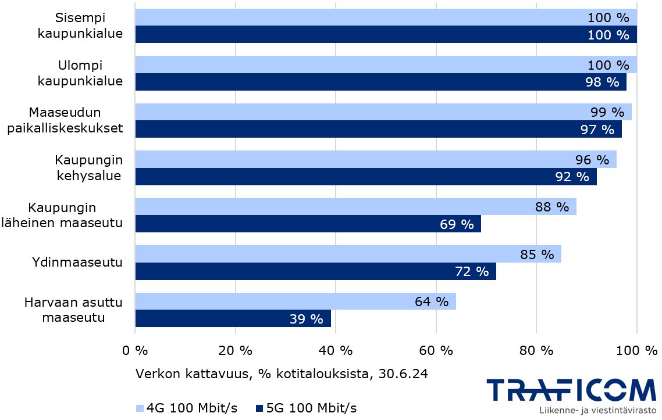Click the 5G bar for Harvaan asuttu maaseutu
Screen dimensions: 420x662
pyautogui.click(x=233, y=318)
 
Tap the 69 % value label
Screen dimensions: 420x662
pyautogui.click(x=457, y=224)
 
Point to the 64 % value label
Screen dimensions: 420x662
pyautogui.click(x=432, y=301)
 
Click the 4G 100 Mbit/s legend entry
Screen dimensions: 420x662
pyautogui.click(x=186, y=408)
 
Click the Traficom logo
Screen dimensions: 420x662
pyautogui.click(x=570, y=390)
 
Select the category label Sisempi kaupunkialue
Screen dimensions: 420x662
pyautogui.click(x=80, y=26)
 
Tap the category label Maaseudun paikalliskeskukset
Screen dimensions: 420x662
pyautogui.click(x=65, y=120)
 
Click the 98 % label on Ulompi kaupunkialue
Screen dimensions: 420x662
pyautogui.click(x=602, y=82)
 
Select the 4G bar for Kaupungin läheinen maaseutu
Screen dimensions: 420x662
pyautogui.click(x=355, y=207)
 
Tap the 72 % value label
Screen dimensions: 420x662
pyautogui.click(x=472, y=271)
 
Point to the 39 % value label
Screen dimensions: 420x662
pyautogui.click(x=306, y=319)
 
